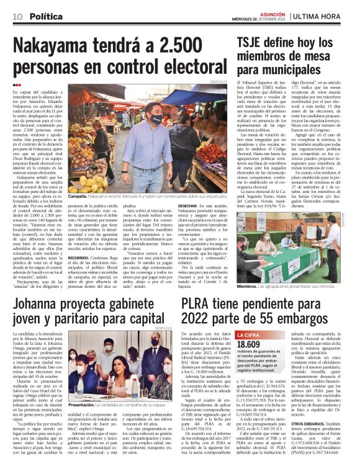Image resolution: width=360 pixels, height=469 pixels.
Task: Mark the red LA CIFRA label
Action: (250, 335)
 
